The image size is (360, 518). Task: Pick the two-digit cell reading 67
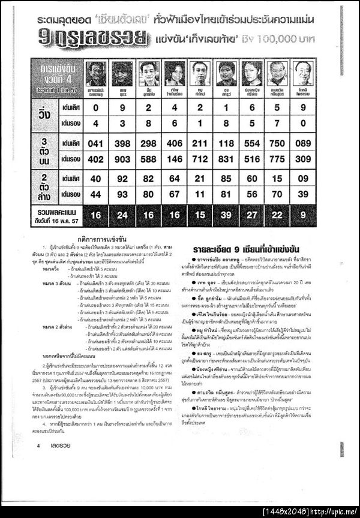click(x=174, y=194)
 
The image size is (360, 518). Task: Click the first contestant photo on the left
click(x=96, y=74)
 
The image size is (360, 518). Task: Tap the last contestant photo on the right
click(x=304, y=74)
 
